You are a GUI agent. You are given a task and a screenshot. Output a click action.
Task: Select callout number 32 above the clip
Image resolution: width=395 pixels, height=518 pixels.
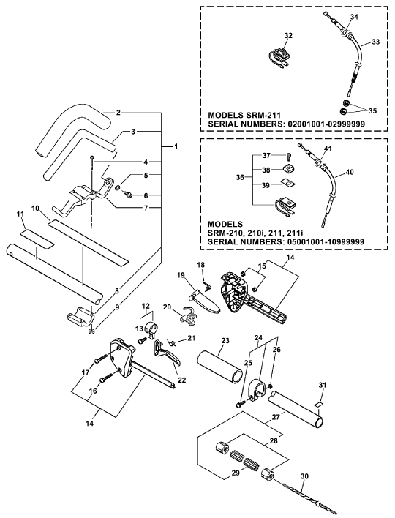point(288,35)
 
